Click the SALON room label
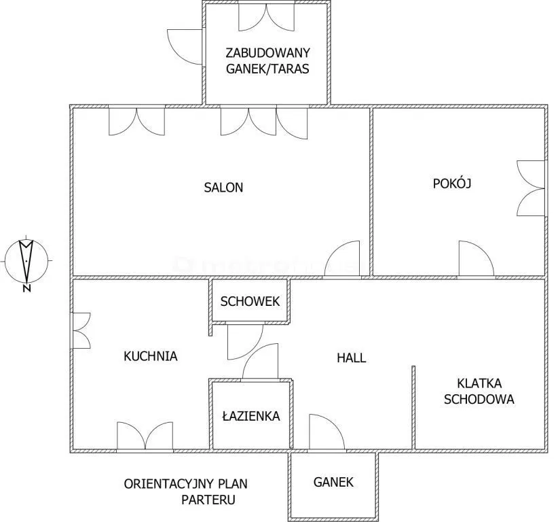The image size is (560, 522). pyautogui.click(x=223, y=188)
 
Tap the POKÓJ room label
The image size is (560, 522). pyautogui.click(x=452, y=183)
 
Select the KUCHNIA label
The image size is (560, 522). pyautogui.click(x=151, y=356)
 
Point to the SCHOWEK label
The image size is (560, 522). pyautogui.click(x=250, y=301)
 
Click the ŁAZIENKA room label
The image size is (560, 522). pyautogui.click(x=251, y=416)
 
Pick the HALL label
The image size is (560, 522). pyautogui.click(x=352, y=358)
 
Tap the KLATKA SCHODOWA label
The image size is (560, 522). pyautogui.click(x=479, y=391)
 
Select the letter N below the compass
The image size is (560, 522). pyautogui.click(x=26, y=289)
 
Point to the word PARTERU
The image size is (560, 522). pyautogui.click(x=208, y=500)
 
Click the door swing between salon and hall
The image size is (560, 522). pyautogui.click(x=341, y=258)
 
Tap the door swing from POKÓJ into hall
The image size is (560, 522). pyautogui.click(x=477, y=258)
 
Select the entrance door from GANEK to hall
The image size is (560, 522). pyautogui.click(x=326, y=432)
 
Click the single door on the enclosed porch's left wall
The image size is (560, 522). pyautogui.click(x=185, y=47)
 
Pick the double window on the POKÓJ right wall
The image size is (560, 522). pyautogui.click(x=531, y=188)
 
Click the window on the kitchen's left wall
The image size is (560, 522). pyautogui.click(x=81, y=331)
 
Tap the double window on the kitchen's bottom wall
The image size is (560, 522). pyautogui.click(x=145, y=436)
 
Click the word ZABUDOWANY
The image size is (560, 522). pyautogui.click(x=268, y=53)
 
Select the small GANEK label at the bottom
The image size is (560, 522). pyautogui.click(x=333, y=482)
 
